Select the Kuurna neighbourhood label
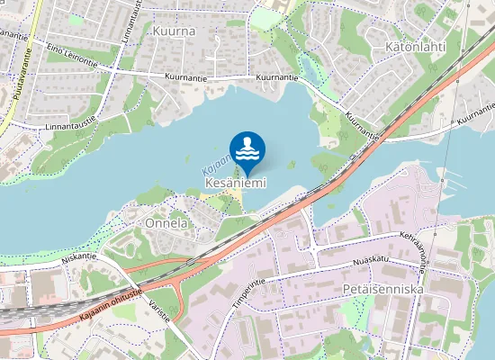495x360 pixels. pyautogui.click(x=174, y=30)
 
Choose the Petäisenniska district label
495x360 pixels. pyautogui.click(x=382, y=290)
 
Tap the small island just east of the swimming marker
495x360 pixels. pyautogui.click(x=292, y=165)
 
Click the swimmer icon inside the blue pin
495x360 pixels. pyautogui.click(x=247, y=148)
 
